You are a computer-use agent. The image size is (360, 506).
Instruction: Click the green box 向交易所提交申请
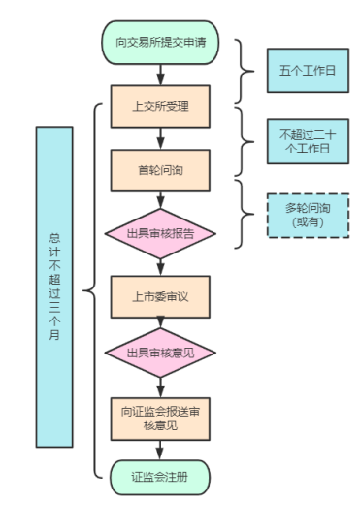tap(159, 44)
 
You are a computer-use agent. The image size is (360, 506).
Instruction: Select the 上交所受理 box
tap(159, 105)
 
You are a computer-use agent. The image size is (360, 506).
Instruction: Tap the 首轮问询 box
tap(159, 169)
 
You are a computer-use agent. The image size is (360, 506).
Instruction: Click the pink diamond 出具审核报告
tap(159, 233)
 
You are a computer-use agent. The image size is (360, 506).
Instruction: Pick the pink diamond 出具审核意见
tap(159, 352)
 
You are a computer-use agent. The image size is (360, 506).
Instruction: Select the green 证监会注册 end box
tap(159, 476)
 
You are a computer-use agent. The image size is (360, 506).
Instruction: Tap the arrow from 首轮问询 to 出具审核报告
tap(159, 200)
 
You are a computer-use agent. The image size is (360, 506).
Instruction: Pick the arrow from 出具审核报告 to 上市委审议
tap(159, 266)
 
